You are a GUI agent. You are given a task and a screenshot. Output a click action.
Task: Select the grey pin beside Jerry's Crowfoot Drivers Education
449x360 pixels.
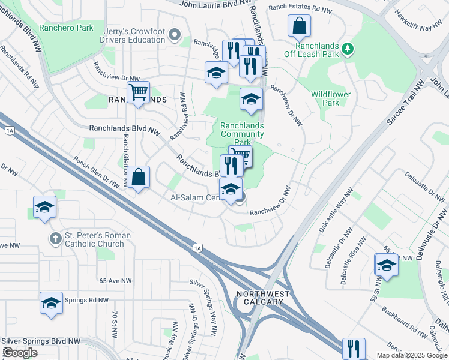tap(175, 35)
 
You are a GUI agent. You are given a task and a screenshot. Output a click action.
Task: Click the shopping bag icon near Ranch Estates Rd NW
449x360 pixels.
tap(298, 26)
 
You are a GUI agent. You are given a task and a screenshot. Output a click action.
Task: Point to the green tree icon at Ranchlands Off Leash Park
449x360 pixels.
tap(347, 47)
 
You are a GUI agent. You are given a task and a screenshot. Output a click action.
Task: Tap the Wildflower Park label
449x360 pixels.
tap(331, 98)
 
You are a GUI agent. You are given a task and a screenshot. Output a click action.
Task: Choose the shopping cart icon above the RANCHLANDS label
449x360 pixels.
tap(138, 92)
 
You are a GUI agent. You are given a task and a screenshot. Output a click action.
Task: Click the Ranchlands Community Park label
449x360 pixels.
tap(242, 134)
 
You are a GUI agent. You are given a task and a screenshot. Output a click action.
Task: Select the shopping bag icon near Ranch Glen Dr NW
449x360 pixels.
tap(138, 177)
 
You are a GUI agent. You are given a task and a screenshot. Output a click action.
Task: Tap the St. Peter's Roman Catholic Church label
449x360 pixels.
tap(94, 240)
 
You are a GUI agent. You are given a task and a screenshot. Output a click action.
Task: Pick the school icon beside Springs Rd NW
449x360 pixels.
tap(51, 303)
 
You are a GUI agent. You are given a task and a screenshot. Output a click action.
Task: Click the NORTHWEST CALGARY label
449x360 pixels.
tap(263, 298)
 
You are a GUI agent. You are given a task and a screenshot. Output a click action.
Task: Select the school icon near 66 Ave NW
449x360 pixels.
tap(386, 265)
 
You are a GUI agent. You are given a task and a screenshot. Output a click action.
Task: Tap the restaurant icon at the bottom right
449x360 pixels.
tap(354, 348)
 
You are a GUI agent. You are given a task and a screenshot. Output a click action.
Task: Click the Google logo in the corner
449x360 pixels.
tap(20, 352)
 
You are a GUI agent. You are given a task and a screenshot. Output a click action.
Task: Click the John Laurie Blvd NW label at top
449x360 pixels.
tap(214, 4)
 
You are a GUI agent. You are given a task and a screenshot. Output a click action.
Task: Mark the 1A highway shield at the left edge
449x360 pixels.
tap(9, 130)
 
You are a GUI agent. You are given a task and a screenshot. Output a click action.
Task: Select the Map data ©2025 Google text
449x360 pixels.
tap(412, 355)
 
